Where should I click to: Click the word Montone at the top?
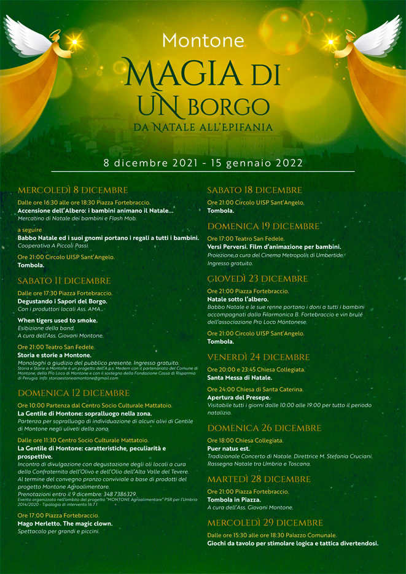tap(203, 41)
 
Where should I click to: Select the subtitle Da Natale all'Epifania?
tap(203, 128)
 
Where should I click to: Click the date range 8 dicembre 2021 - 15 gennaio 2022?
tap(203, 163)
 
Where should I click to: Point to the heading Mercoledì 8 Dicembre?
tap(72, 190)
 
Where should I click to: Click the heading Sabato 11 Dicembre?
tap(64, 281)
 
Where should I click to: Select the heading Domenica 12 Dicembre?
tap(74, 393)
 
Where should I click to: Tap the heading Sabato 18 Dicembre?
tap(254, 190)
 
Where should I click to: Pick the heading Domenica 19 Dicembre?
tap(263, 226)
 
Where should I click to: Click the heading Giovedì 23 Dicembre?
tap(257, 279)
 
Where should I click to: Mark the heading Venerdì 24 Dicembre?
tap(258, 357)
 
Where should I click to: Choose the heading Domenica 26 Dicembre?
tap(263, 428)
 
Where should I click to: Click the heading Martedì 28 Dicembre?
tap(259, 479)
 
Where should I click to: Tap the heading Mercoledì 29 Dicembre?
tap(265, 522)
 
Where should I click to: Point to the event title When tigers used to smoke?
tap(57, 320)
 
